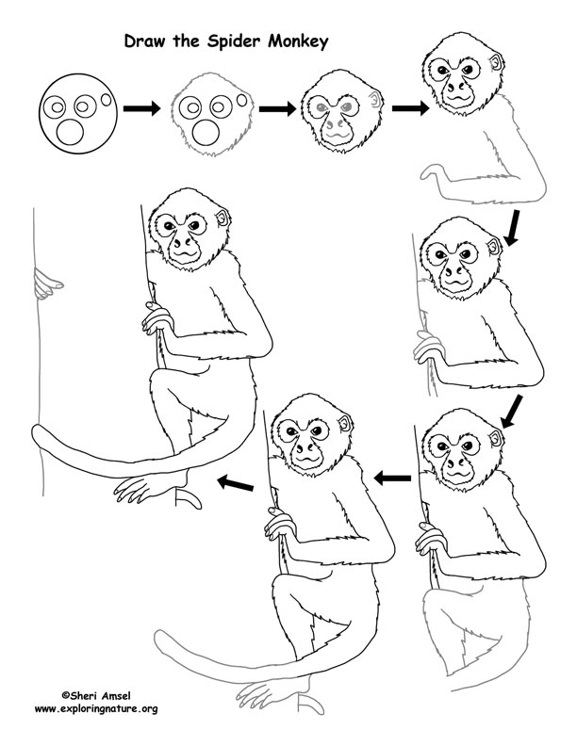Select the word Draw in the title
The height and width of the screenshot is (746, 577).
144,41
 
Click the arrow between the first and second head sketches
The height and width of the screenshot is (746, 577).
142,110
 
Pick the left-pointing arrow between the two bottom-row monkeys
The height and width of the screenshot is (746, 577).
392,478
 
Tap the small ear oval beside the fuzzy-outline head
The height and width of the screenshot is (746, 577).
243,100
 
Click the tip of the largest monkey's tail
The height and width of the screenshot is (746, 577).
37,432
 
